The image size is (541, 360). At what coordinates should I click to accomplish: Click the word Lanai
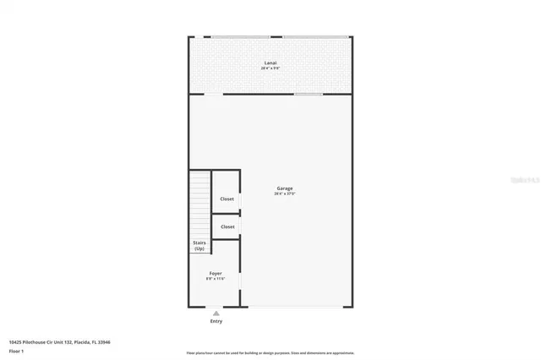point(270,63)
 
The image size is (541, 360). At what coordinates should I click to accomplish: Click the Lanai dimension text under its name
point(270,68)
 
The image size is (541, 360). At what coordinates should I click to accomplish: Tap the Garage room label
point(285,188)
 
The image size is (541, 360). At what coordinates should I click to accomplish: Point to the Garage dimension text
point(285,194)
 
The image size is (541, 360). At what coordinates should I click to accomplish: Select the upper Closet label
point(227,199)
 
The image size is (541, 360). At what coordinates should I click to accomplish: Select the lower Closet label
point(227,226)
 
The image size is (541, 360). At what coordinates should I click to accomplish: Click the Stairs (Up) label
point(199,246)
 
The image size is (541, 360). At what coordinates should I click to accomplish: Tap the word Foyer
point(216,273)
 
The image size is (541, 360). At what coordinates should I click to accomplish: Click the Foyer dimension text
point(216,279)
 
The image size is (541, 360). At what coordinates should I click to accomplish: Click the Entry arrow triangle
point(216,314)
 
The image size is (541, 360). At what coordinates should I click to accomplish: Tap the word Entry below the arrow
point(216,321)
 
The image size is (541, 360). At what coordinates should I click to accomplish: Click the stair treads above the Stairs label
point(199,203)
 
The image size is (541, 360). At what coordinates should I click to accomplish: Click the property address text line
point(59,342)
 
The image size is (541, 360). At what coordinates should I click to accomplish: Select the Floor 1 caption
point(17,350)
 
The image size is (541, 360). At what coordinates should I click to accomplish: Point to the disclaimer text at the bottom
point(270,352)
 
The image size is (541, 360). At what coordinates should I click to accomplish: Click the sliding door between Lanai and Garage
point(308,94)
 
